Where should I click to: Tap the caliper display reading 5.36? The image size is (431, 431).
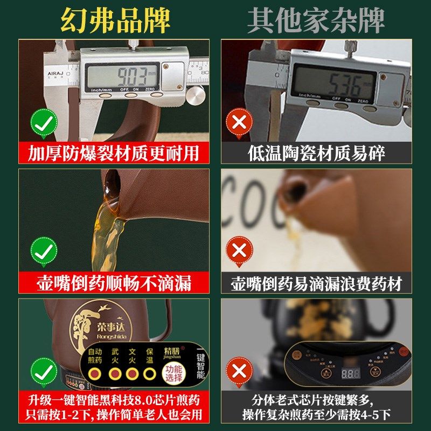click(332, 84)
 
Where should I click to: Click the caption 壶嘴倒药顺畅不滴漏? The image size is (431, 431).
click(114, 282)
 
